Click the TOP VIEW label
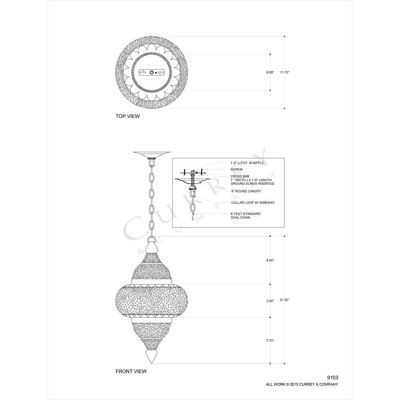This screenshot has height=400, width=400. tap(128, 116)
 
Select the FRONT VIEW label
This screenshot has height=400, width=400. tap(131, 372)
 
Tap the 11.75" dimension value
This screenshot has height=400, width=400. tap(284, 72)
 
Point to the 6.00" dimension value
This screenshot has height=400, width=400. tap(270, 72)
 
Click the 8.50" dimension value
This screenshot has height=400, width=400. tap(270, 260)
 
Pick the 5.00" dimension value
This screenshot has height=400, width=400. tap(270, 301)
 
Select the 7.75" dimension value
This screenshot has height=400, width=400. tap(270, 340)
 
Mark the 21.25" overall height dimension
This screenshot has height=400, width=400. tap(284, 300)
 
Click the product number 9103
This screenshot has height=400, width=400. tap(333, 378)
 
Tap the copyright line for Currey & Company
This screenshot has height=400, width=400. tap(302, 384)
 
